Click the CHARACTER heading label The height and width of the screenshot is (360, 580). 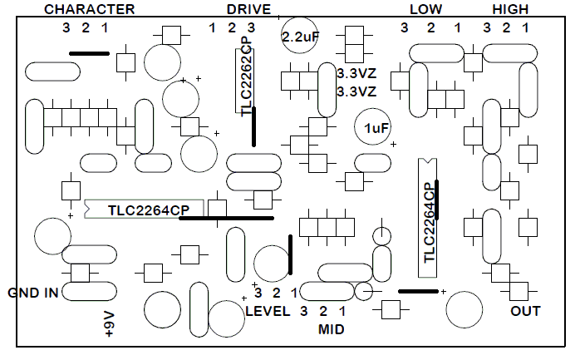coord(89,9)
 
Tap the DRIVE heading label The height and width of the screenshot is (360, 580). coord(248,9)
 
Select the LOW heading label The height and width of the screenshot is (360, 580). coord(425,9)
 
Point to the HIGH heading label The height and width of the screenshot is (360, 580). coord(510,9)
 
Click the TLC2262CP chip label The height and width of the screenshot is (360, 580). coord(245,79)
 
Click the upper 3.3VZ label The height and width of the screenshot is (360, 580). coord(357,74)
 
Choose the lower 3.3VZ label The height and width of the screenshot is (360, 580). coord(357,91)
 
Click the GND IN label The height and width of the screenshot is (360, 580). coord(33,293)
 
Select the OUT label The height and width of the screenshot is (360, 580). coord(525,312)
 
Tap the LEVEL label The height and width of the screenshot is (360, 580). coord(268,312)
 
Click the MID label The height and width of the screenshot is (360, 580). coord(332,329)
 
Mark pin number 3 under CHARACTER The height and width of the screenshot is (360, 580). coord(66,28)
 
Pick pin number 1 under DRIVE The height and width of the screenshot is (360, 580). coord(212,28)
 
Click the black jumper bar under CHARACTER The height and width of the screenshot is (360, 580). coord(89,53)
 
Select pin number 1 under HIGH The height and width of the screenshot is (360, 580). coord(525,28)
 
